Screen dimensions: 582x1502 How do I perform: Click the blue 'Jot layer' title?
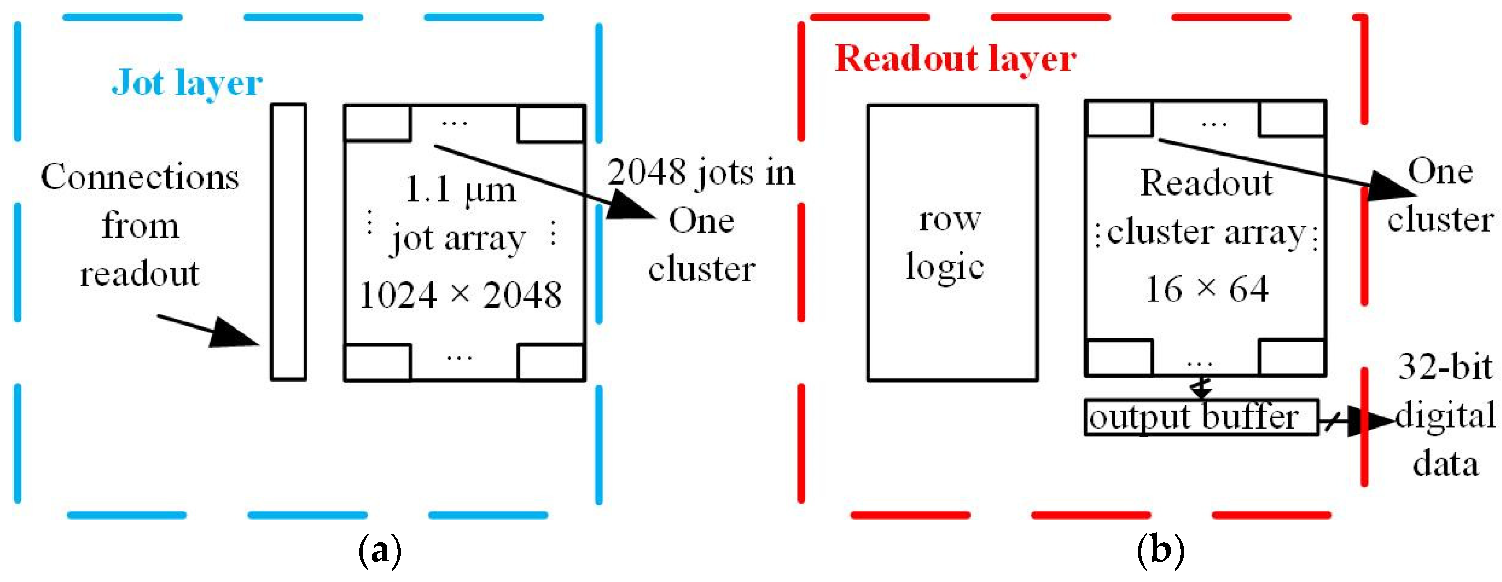click(186, 83)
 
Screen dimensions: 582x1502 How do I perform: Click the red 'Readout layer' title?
click(955, 59)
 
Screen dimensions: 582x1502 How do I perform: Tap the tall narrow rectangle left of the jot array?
click(288, 242)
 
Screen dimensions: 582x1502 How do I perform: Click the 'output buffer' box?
click(1201, 417)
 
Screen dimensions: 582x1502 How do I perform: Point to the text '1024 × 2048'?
click(460, 295)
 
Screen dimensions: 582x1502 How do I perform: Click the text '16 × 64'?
click(1206, 289)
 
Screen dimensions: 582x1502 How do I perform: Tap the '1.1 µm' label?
click(460, 190)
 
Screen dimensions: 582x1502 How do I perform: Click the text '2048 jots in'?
click(701, 173)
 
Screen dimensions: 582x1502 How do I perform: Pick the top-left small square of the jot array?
click(377, 123)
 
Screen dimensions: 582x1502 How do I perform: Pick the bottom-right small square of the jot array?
click(551, 363)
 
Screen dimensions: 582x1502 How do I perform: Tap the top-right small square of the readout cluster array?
click(1292, 118)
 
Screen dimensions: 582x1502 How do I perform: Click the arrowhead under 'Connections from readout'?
click(233, 334)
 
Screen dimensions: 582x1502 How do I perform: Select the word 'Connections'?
click(140, 177)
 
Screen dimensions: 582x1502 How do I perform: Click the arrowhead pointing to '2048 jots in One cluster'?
click(630, 207)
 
